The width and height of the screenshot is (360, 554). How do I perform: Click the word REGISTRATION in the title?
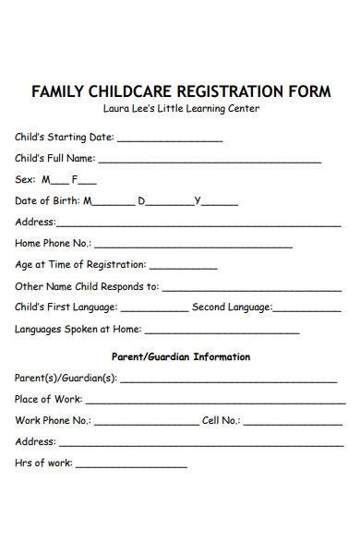tap(227, 92)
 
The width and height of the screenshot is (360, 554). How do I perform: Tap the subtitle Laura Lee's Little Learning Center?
tap(181, 109)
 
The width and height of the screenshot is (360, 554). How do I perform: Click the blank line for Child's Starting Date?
tap(170, 140)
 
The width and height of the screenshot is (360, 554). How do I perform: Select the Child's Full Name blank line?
tap(216, 162)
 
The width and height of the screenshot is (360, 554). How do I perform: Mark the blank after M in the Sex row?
tap(58, 183)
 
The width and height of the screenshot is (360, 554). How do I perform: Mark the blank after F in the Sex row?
tap(87, 183)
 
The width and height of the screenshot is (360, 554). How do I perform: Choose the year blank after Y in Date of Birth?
tap(219, 204)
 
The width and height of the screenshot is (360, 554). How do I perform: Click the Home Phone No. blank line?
tap(194, 247)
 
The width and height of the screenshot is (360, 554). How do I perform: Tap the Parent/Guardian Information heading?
tap(181, 356)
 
